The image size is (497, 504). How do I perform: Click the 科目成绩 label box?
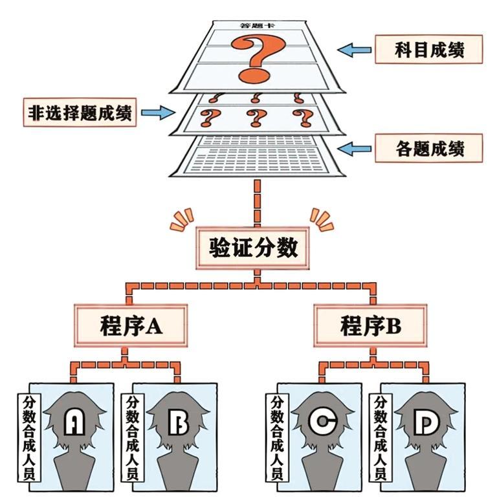coord(428,49)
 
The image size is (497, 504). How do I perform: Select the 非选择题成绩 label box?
coord(80,112)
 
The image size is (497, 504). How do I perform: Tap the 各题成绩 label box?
coord(428,148)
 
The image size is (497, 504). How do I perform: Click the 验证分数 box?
coord(252,248)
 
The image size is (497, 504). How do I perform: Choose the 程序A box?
coord(131,325)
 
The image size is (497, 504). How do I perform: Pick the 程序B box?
coord(370,325)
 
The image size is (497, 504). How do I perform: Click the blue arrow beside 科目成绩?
coord(354,50)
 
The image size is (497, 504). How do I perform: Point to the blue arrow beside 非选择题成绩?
coord(158,112)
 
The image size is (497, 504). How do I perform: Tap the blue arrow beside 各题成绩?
coord(354,149)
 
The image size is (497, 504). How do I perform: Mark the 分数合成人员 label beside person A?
coord(29,437)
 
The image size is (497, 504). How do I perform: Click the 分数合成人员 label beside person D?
coord(381,437)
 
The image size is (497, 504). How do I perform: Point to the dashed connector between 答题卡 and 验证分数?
coord(257,203)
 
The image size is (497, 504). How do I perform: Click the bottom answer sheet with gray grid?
coord(257,156)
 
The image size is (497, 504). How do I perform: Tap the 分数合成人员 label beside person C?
coord(278,437)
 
